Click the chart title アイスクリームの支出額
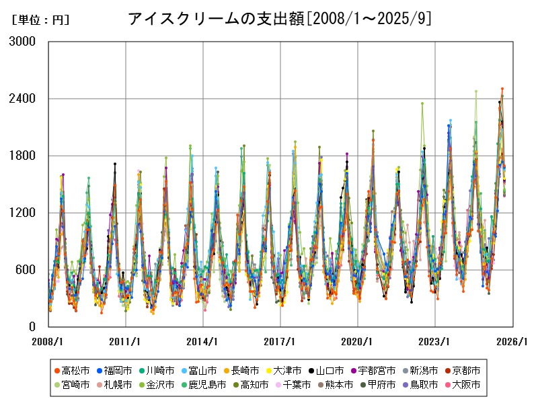click(216, 19)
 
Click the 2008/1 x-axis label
click(48, 341)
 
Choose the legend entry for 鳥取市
click(423, 385)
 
